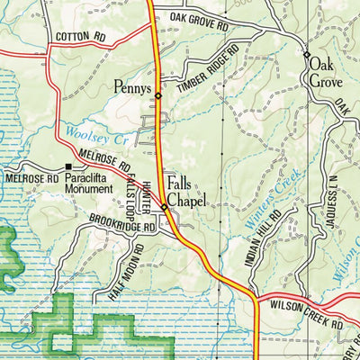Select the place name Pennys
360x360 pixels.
pyautogui.click(x=132, y=89)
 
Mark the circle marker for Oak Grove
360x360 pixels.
pyautogui.click(x=306, y=55)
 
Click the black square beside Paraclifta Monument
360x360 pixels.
pyautogui.click(x=68, y=167)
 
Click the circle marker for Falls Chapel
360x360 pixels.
pyautogui.click(x=164, y=208)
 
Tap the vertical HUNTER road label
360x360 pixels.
pyautogui.click(x=147, y=193)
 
